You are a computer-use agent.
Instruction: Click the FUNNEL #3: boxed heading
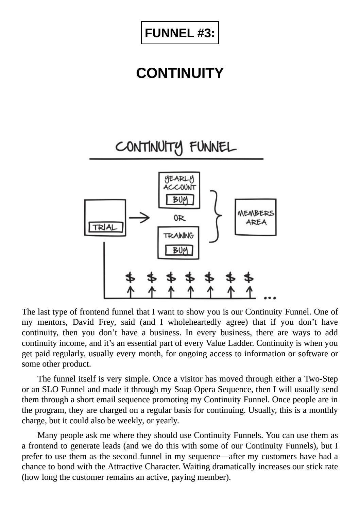180,33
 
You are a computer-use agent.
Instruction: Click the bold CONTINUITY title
180,73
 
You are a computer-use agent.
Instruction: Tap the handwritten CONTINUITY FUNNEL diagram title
175,147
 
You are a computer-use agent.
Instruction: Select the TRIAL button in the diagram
105,227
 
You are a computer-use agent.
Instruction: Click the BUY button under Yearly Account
180,200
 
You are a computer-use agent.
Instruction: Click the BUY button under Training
179,251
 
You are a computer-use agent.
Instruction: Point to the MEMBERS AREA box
256,218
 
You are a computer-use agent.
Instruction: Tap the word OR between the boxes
179,218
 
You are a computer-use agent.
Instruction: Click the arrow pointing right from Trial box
139,218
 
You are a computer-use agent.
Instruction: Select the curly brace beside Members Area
216,216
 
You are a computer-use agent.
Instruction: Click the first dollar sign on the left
130,277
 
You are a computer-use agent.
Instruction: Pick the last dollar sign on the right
249,277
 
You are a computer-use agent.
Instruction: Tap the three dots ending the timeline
270,298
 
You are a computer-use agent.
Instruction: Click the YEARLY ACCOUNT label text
179,183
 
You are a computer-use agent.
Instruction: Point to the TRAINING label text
178,236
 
